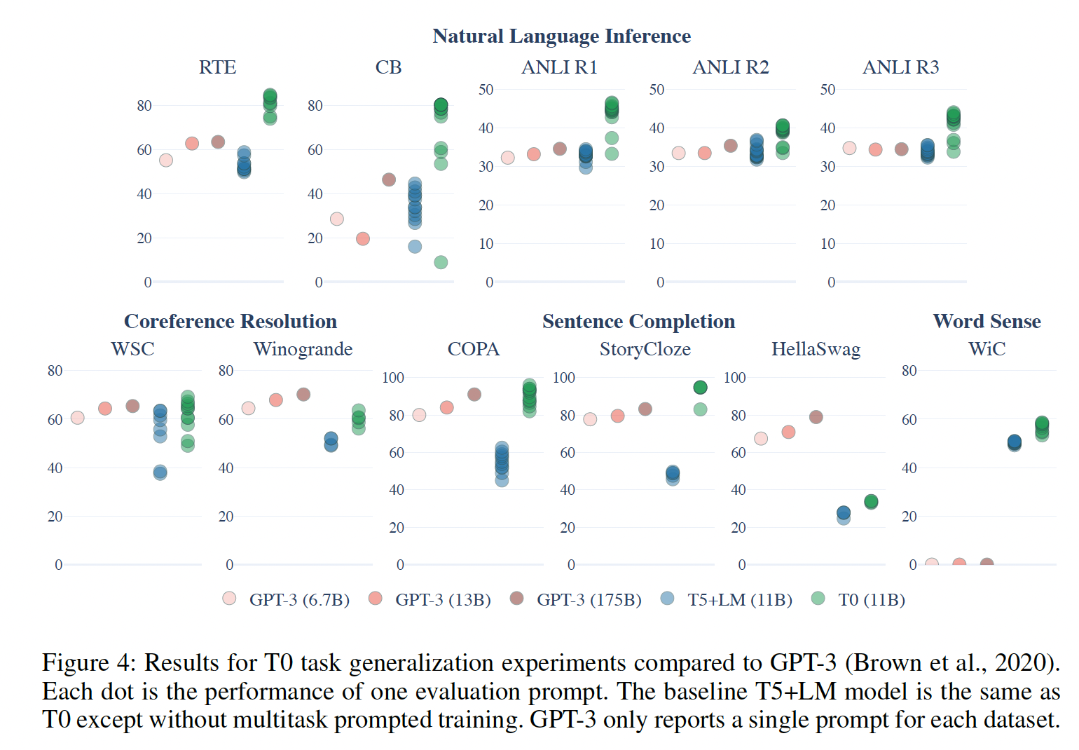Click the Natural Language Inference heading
tap(561, 36)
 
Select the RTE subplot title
tap(217, 67)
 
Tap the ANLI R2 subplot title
tap(730, 67)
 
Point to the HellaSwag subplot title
tap(816, 349)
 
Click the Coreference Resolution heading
tap(231, 322)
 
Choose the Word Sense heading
tap(987, 322)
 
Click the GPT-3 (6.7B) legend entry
tap(286, 600)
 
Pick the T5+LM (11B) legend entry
tap(727, 600)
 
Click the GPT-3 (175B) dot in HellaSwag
tap(816, 417)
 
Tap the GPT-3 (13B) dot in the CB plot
tap(362, 239)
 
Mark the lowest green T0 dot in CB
tap(441, 262)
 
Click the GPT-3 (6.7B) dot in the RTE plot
tap(166, 161)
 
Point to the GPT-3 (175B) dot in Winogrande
tap(303, 395)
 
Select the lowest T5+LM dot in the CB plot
tap(415, 247)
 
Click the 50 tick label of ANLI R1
tap(486, 90)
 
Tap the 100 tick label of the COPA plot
tap(393, 378)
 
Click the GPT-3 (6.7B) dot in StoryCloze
tap(590, 419)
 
